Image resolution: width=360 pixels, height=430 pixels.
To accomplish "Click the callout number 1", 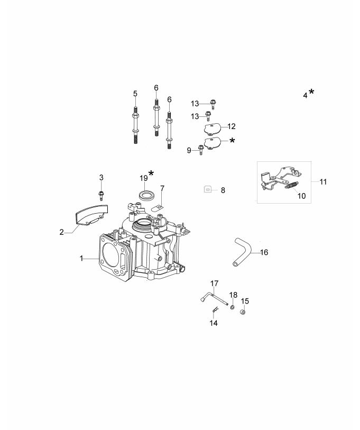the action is click(x=82, y=258).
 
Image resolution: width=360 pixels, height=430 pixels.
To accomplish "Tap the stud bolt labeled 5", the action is click(x=135, y=125).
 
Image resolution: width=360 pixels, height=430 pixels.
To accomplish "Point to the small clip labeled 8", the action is click(x=209, y=189).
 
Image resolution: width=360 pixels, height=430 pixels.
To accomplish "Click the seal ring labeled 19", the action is click(x=146, y=195).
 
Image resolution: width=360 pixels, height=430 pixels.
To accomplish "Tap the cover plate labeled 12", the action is click(x=213, y=127).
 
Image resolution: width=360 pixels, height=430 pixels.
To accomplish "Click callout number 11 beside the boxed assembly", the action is click(x=323, y=182).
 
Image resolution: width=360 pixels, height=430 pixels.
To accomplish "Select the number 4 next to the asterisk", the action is click(x=305, y=95).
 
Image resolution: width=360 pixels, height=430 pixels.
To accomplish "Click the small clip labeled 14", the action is click(x=215, y=310).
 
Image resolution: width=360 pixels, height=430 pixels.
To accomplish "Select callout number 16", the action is click(x=264, y=252).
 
